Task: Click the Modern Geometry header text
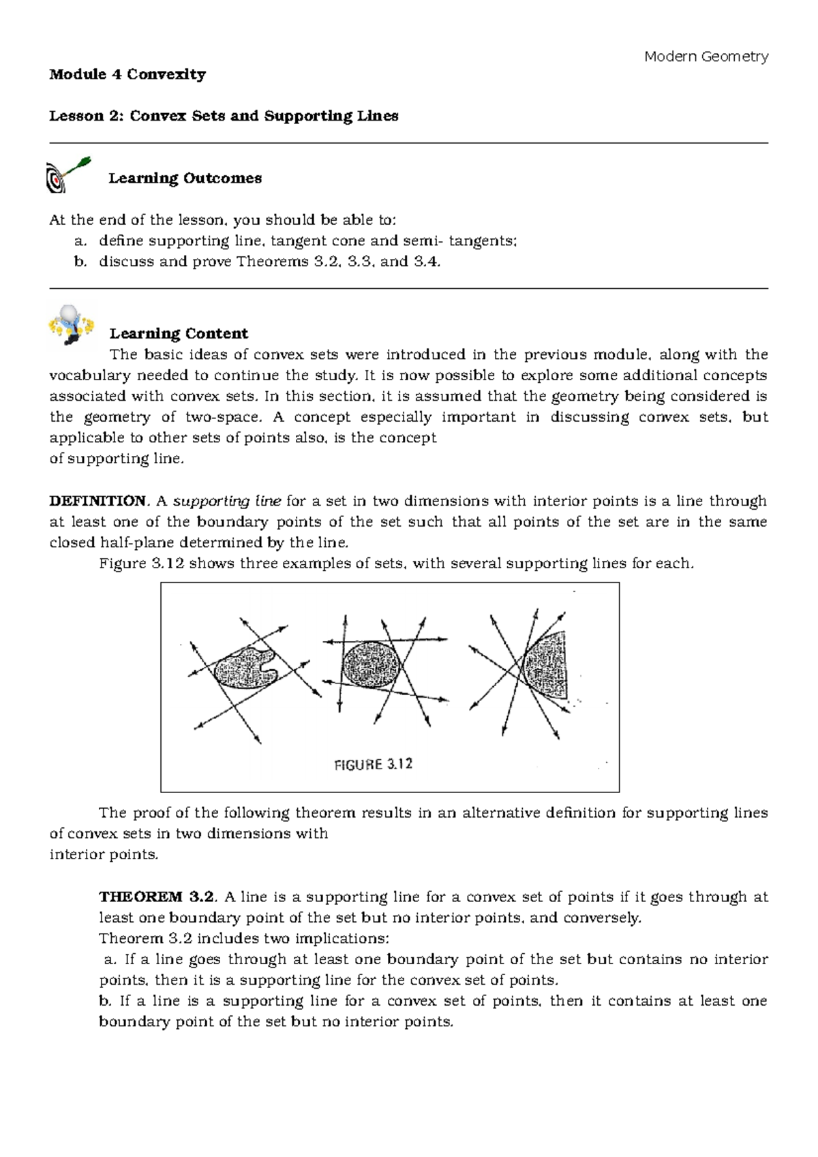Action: click(706, 57)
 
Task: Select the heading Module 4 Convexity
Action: click(127, 75)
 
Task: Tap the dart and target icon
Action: click(66, 176)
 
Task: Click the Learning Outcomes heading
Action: click(185, 179)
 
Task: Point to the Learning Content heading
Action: click(179, 334)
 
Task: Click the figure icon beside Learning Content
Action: click(72, 325)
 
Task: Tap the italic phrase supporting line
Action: click(228, 502)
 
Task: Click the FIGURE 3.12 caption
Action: click(374, 765)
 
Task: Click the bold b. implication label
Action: click(105, 1001)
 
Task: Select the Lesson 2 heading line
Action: click(224, 117)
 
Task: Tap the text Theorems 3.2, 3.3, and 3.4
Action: click(338, 262)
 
